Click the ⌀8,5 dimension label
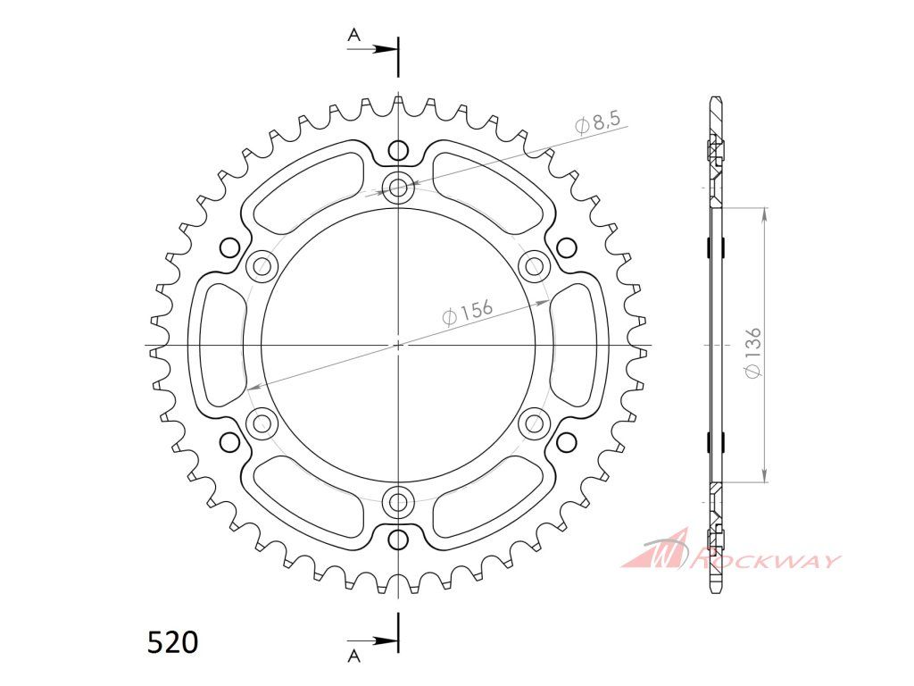click(x=597, y=123)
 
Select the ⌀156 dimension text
click(x=467, y=314)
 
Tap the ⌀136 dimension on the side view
click(x=752, y=352)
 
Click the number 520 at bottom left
click(x=173, y=642)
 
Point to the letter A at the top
click(x=354, y=36)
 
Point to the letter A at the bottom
click(x=353, y=657)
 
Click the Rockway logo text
click(x=765, y=561)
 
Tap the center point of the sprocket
click(x=399, y=345)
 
